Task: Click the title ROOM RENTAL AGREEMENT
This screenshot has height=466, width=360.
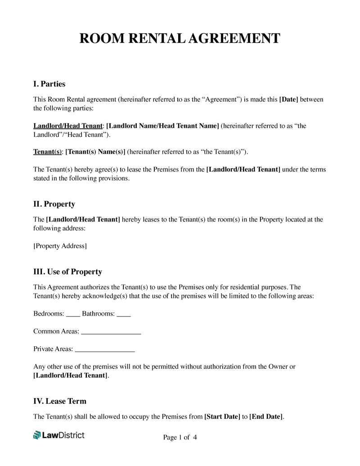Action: (x=180, y=38)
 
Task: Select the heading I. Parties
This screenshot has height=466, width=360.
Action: (x=49, y=84)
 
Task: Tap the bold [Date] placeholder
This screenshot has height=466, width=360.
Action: (x=288, y=100)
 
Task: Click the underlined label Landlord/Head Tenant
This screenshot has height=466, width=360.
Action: (x=68, y=126)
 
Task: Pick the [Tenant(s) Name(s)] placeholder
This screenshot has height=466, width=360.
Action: (x=95, y=152)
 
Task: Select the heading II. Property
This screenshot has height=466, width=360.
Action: (x=54, y=204)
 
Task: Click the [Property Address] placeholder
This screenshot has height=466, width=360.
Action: (x=60, y=246)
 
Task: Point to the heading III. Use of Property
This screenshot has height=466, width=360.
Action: (x=67, y=272)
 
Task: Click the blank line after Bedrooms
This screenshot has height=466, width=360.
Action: (x=73, y=314)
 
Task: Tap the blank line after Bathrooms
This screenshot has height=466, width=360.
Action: (x=124, y=314)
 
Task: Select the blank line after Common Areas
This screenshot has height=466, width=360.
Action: (x=111, y=332)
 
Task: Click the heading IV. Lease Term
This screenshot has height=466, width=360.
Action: (x=60, y=401)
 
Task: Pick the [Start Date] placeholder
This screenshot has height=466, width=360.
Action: (x=222, y=417)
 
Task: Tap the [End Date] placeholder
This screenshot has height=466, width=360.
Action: (x=266, y=417)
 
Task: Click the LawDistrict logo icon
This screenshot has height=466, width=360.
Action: (x=37, y=435)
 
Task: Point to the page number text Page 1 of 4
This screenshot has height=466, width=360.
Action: (x=180, y=438)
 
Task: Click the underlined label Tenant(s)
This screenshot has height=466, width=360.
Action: (x=47, y=152)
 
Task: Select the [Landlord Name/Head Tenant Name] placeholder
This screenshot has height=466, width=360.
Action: (x=162, y=126)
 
